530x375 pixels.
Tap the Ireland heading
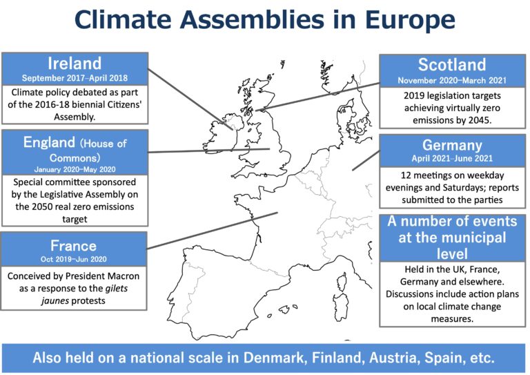[x=75, y=64]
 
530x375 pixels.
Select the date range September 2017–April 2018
[x=75, y=78]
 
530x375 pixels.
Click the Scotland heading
[x=452, y=65]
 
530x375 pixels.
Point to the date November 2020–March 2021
[x=452, y=81]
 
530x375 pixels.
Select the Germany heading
[x=452, y=146]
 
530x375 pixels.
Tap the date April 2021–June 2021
[x=452, y=158]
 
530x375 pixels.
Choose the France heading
[x=73, y=246]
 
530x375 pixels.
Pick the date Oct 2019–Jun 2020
[x=73, y=260]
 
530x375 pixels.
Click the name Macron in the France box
[x=123, y=276]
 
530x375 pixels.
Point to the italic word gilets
[x=117, y=289]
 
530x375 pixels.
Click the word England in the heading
[x=50, y=143]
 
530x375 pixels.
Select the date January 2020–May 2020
[x=75, y=169]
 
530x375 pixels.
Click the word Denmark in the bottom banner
[x=275, y=358]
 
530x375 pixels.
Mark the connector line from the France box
[x=213, y=231]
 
